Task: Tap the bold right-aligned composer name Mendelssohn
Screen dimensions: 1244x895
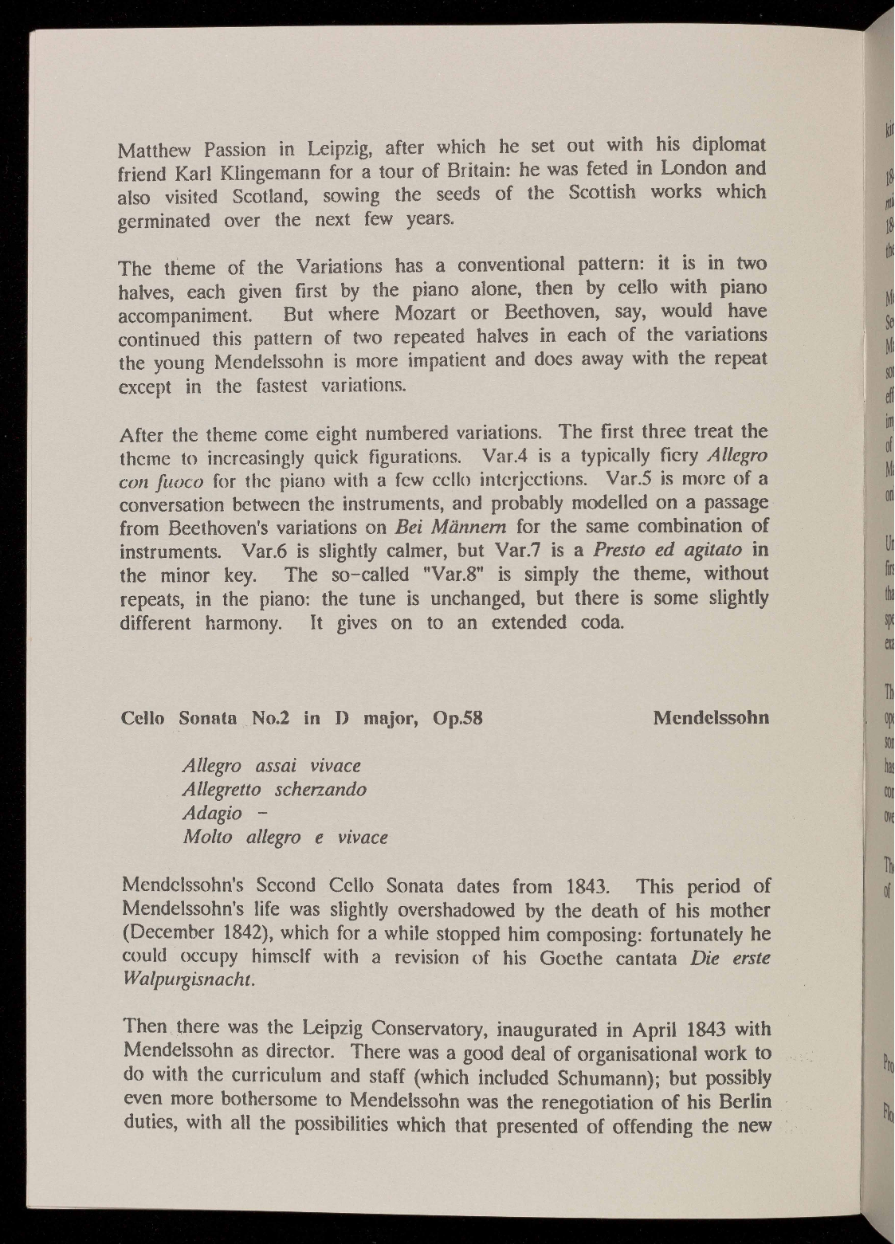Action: [711, 717]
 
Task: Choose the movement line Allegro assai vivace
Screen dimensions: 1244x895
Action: [272, 766]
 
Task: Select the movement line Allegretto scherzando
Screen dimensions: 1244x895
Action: [275, 790]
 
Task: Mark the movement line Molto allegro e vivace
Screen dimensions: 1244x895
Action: [285, 838]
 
